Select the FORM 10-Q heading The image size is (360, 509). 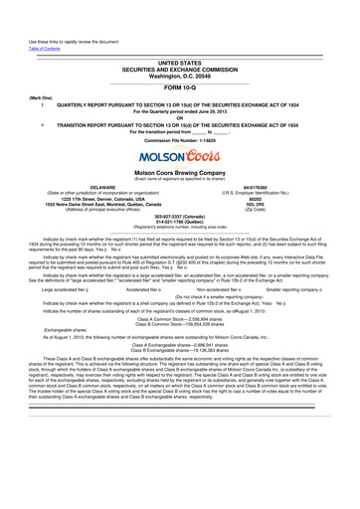pyautogui.click(x=180, y=61)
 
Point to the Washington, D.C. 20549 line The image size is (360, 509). pyautogui.click(x=180, y=47)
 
